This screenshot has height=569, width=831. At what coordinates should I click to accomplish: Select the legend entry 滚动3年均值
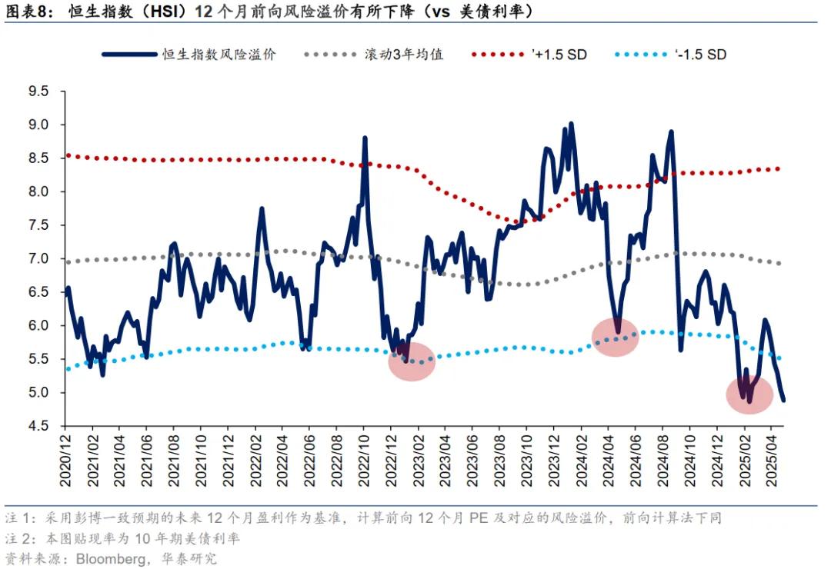tap(404, 55)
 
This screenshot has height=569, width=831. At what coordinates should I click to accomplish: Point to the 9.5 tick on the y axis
tap(38, 92)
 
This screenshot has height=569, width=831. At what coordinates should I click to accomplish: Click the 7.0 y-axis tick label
tap(38, 259)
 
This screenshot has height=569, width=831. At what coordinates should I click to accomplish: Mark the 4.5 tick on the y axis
tap(38, 426)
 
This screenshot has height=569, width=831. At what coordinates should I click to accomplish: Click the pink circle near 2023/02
tap(412, 361)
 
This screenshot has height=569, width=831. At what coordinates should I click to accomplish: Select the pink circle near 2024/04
tap(616, 337)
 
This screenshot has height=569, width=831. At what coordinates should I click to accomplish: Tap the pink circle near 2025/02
tap(749, 394)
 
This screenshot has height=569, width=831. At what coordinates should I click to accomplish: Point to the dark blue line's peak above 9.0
tap(571, 123)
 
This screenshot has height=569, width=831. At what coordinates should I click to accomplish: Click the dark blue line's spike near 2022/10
tap(364, 138)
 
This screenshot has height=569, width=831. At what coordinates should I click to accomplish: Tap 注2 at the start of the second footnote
tap(15, 538)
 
